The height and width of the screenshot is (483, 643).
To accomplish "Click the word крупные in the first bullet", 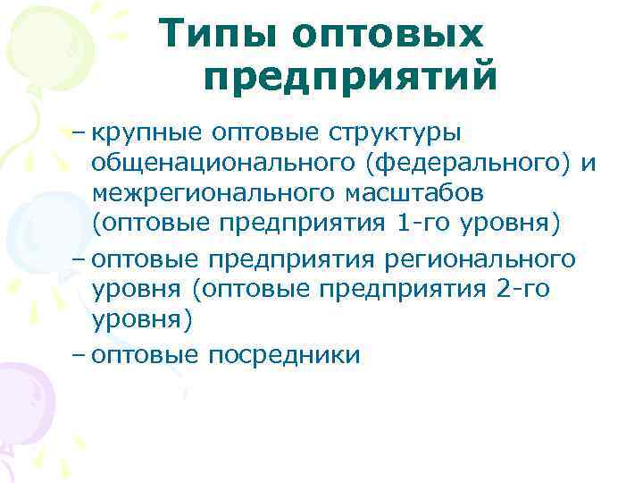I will (x=146, y=133).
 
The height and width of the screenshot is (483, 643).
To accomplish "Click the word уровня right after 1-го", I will (x=510, y=222).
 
